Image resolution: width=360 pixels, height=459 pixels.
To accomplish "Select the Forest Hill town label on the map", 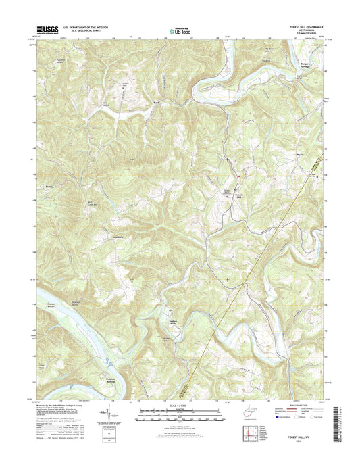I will click(238, 197).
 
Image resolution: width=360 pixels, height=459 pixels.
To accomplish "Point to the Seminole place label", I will click(118, 237).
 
